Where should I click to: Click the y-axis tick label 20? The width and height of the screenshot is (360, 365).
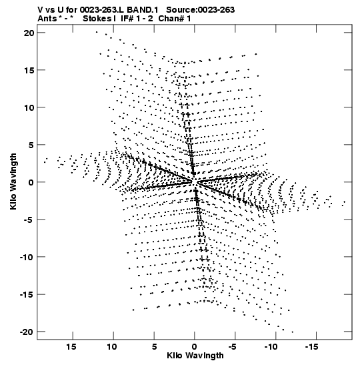click(x=29, y=33)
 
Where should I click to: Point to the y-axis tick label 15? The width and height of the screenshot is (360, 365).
click(x=29, y=70)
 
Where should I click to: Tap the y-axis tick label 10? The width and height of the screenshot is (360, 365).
click(x=29, y=107)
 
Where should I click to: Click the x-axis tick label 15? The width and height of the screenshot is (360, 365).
click(x=71, y=347)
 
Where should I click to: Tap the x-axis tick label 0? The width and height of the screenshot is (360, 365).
click(x=195, y=347)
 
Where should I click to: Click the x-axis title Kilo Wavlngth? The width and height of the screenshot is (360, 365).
click(x=195, y=356)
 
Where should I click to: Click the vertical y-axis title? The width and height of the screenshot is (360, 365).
click(x=13, y=181)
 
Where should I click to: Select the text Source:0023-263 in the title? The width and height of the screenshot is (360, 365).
click(x=201, y=10)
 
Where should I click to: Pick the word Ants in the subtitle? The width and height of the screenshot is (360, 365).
click(x=47, y=19)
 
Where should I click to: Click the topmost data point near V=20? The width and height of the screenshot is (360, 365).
click(x=97, y=32)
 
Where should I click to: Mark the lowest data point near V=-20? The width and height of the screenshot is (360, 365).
click(x=292, y=332)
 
